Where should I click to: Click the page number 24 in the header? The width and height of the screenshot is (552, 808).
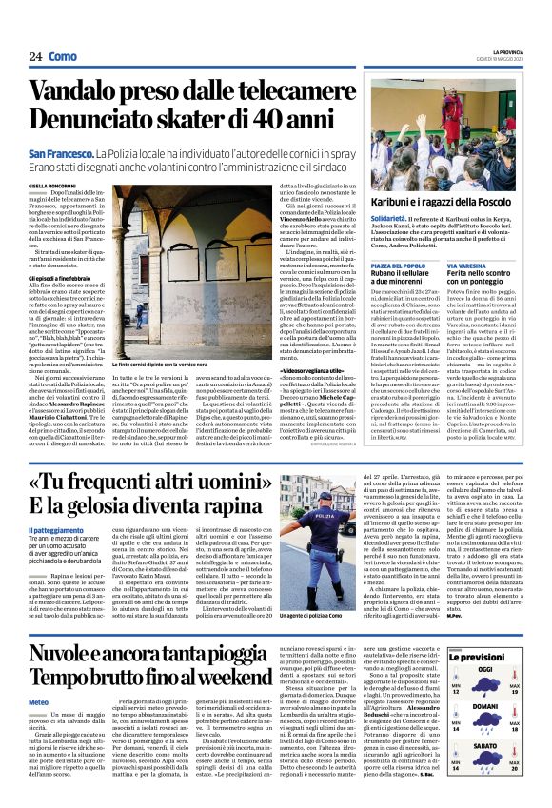(36, 56)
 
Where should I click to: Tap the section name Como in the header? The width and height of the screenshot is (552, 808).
(63, 56)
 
